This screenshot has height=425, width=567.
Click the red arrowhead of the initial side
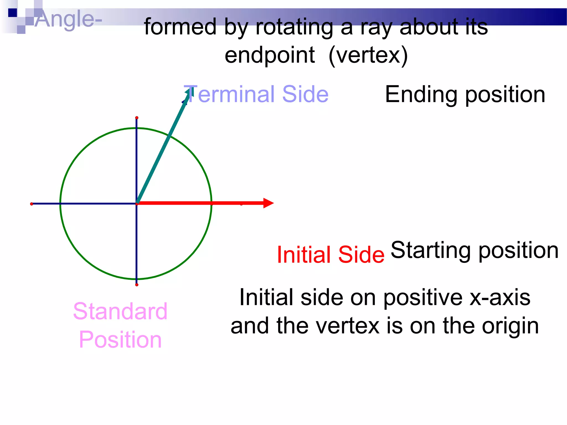[268, 203]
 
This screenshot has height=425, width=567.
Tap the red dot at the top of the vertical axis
[137, 118]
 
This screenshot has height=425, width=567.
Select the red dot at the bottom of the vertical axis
[137, 285]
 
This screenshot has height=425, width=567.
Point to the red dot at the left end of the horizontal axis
[32, 204]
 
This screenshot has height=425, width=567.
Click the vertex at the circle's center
[137, 204]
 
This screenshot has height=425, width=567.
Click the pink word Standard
[120, 311]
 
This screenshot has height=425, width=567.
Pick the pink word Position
[120, 340]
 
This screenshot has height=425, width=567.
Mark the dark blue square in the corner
[12, 13]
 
